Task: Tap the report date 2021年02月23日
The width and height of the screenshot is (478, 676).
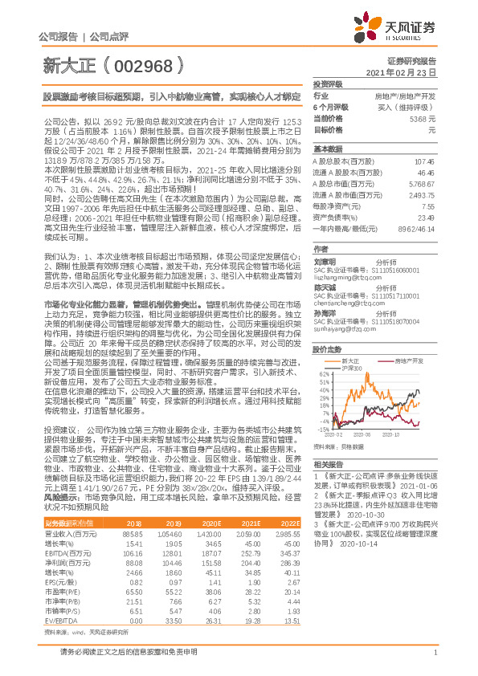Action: [x=411, y=72]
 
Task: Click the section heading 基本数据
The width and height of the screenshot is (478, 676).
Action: [x=326, y=149]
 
